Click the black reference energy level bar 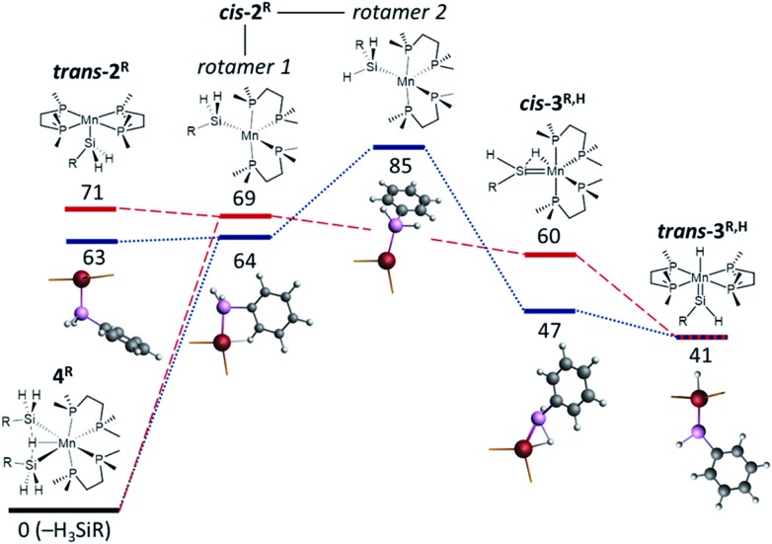point(63,509)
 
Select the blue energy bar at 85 point(398,147)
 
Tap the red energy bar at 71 point(90,208)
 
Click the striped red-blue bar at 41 point(702,336)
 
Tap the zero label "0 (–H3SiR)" point(64,527)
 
